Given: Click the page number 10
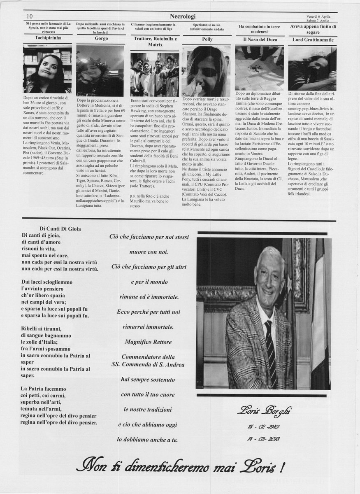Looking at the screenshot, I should (30, 16).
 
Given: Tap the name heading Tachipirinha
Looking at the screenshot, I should (47, 37).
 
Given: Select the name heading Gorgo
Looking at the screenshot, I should (101, 38).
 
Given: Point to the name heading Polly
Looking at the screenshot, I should (207, 39).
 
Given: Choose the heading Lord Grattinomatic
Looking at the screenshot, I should (312, 40).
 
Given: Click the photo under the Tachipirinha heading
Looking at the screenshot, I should (47, 69).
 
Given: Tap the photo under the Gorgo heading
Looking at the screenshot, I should (100, 70).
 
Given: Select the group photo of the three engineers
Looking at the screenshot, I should (155, 74).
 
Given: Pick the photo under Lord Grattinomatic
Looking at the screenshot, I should (312, 68).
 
